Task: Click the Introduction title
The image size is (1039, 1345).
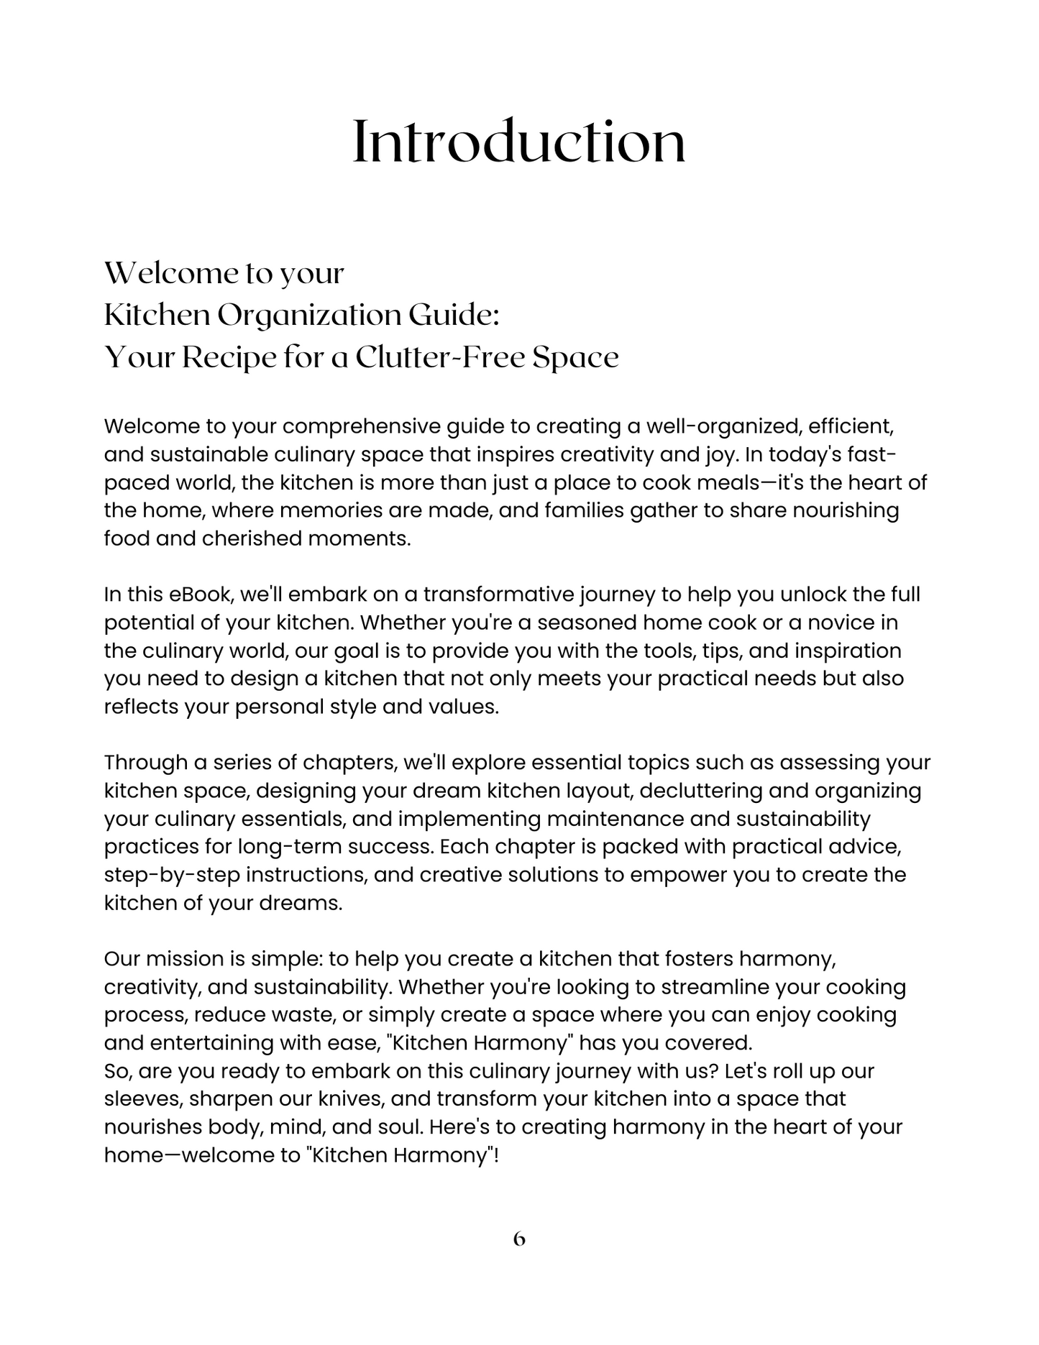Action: (x=519, y=142)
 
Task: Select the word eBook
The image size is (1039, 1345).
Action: (x=201, y=595)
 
